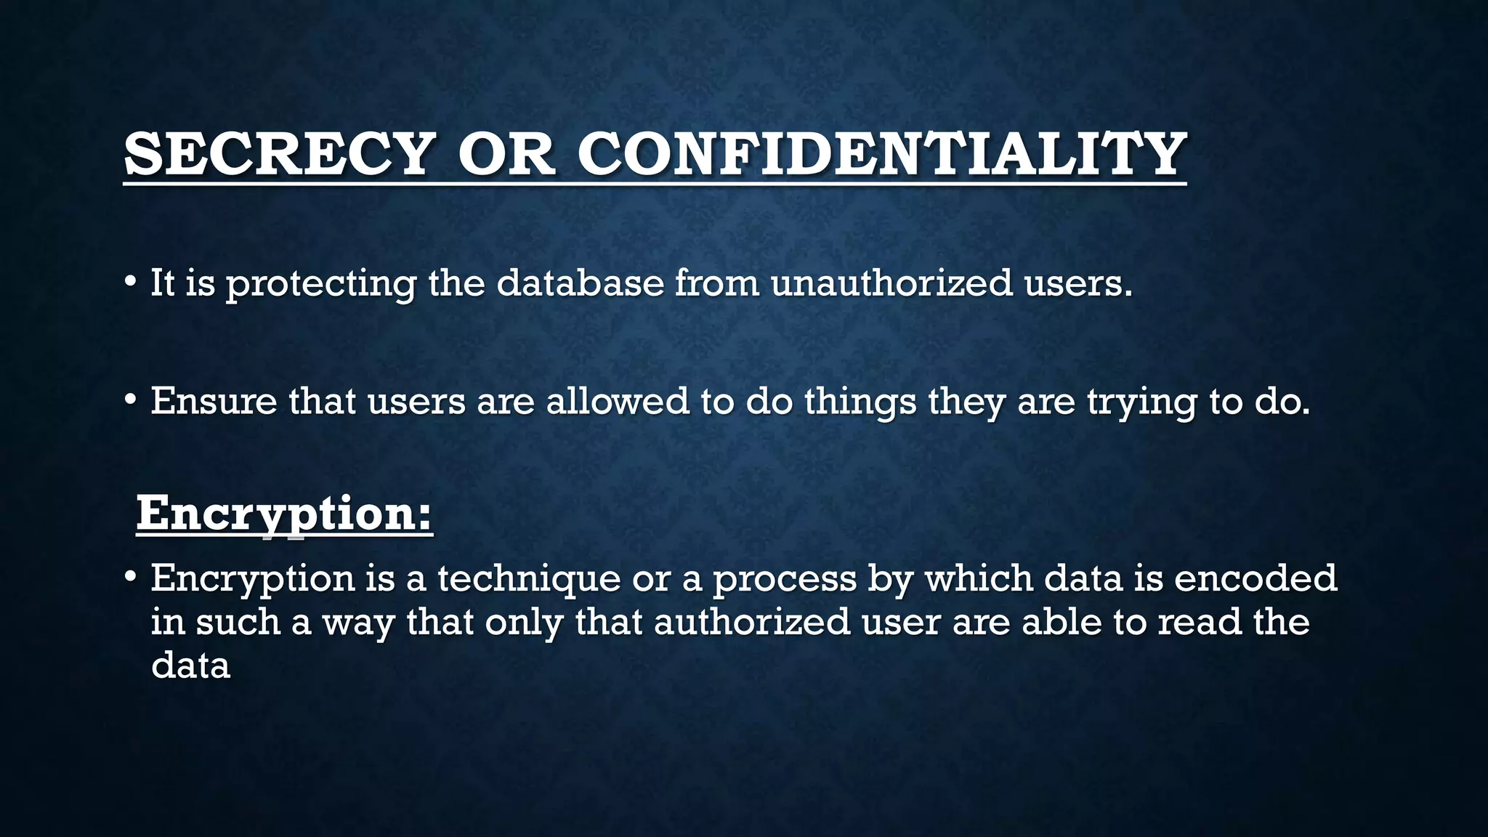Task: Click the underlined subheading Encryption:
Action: coord(284,514)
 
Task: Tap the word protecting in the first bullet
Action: coord(321,283)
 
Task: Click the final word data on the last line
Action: coord(190,665)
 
